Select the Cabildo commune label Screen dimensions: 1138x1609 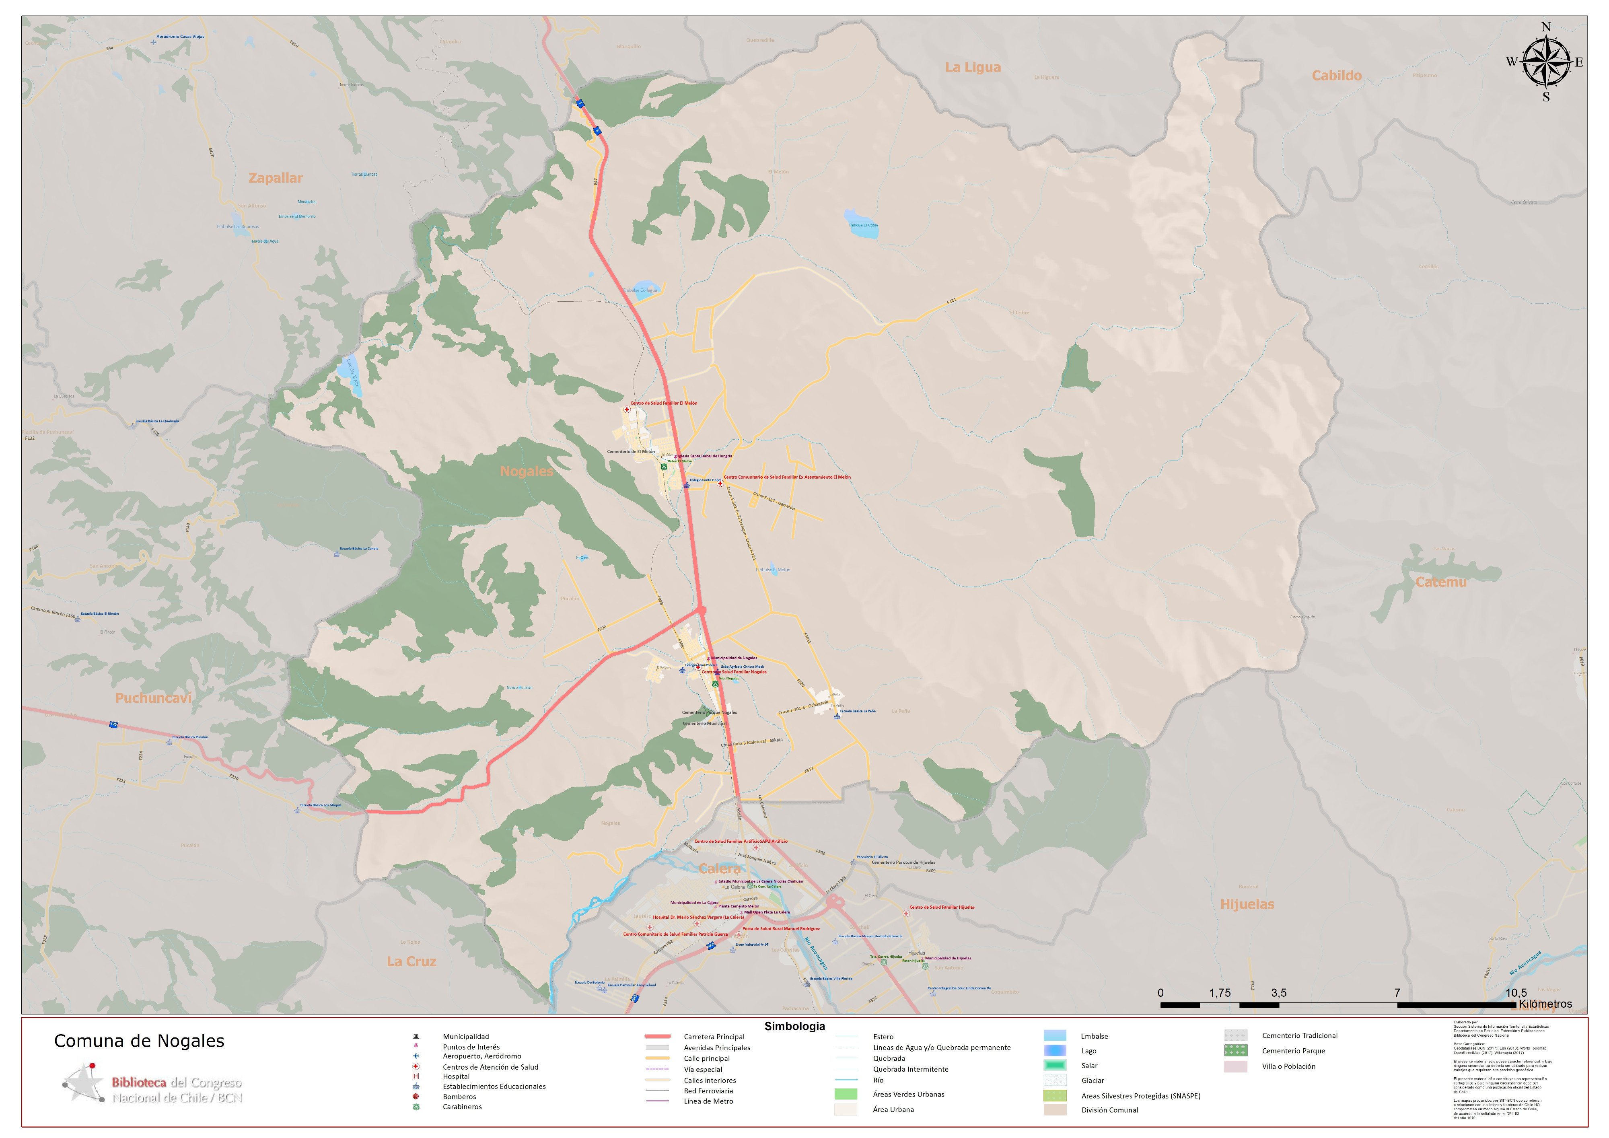(1336, 76)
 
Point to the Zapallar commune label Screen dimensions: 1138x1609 (276, 178)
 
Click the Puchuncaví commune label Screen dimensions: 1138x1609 (153, 698)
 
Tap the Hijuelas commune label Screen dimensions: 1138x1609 (1247, 904)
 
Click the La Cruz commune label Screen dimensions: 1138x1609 (412, 961)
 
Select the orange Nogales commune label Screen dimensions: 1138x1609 (526, 471)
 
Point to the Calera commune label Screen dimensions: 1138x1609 (719, 868)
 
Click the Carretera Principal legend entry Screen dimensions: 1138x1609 (714, 1036)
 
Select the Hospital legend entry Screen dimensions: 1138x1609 (455, 1076)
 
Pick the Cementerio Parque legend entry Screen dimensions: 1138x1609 (1293, 1050)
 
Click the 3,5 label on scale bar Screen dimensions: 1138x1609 (1278, 992)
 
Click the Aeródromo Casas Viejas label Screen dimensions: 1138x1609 (180, 37)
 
